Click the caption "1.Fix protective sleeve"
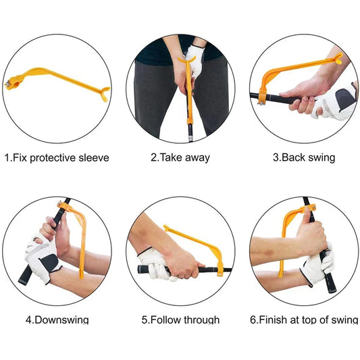(x=57, y=158)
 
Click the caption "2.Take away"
(x=180, y=158)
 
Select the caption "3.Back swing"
(x=303, y=158)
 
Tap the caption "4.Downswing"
(x=57, y=319)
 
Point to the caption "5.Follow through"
(x=180, y=319)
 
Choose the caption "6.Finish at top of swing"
(x=303, y=319)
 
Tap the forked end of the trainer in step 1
(x=103, y=95)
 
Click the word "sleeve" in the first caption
(x=93, y=158)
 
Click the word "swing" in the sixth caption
(x=343, y=319)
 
